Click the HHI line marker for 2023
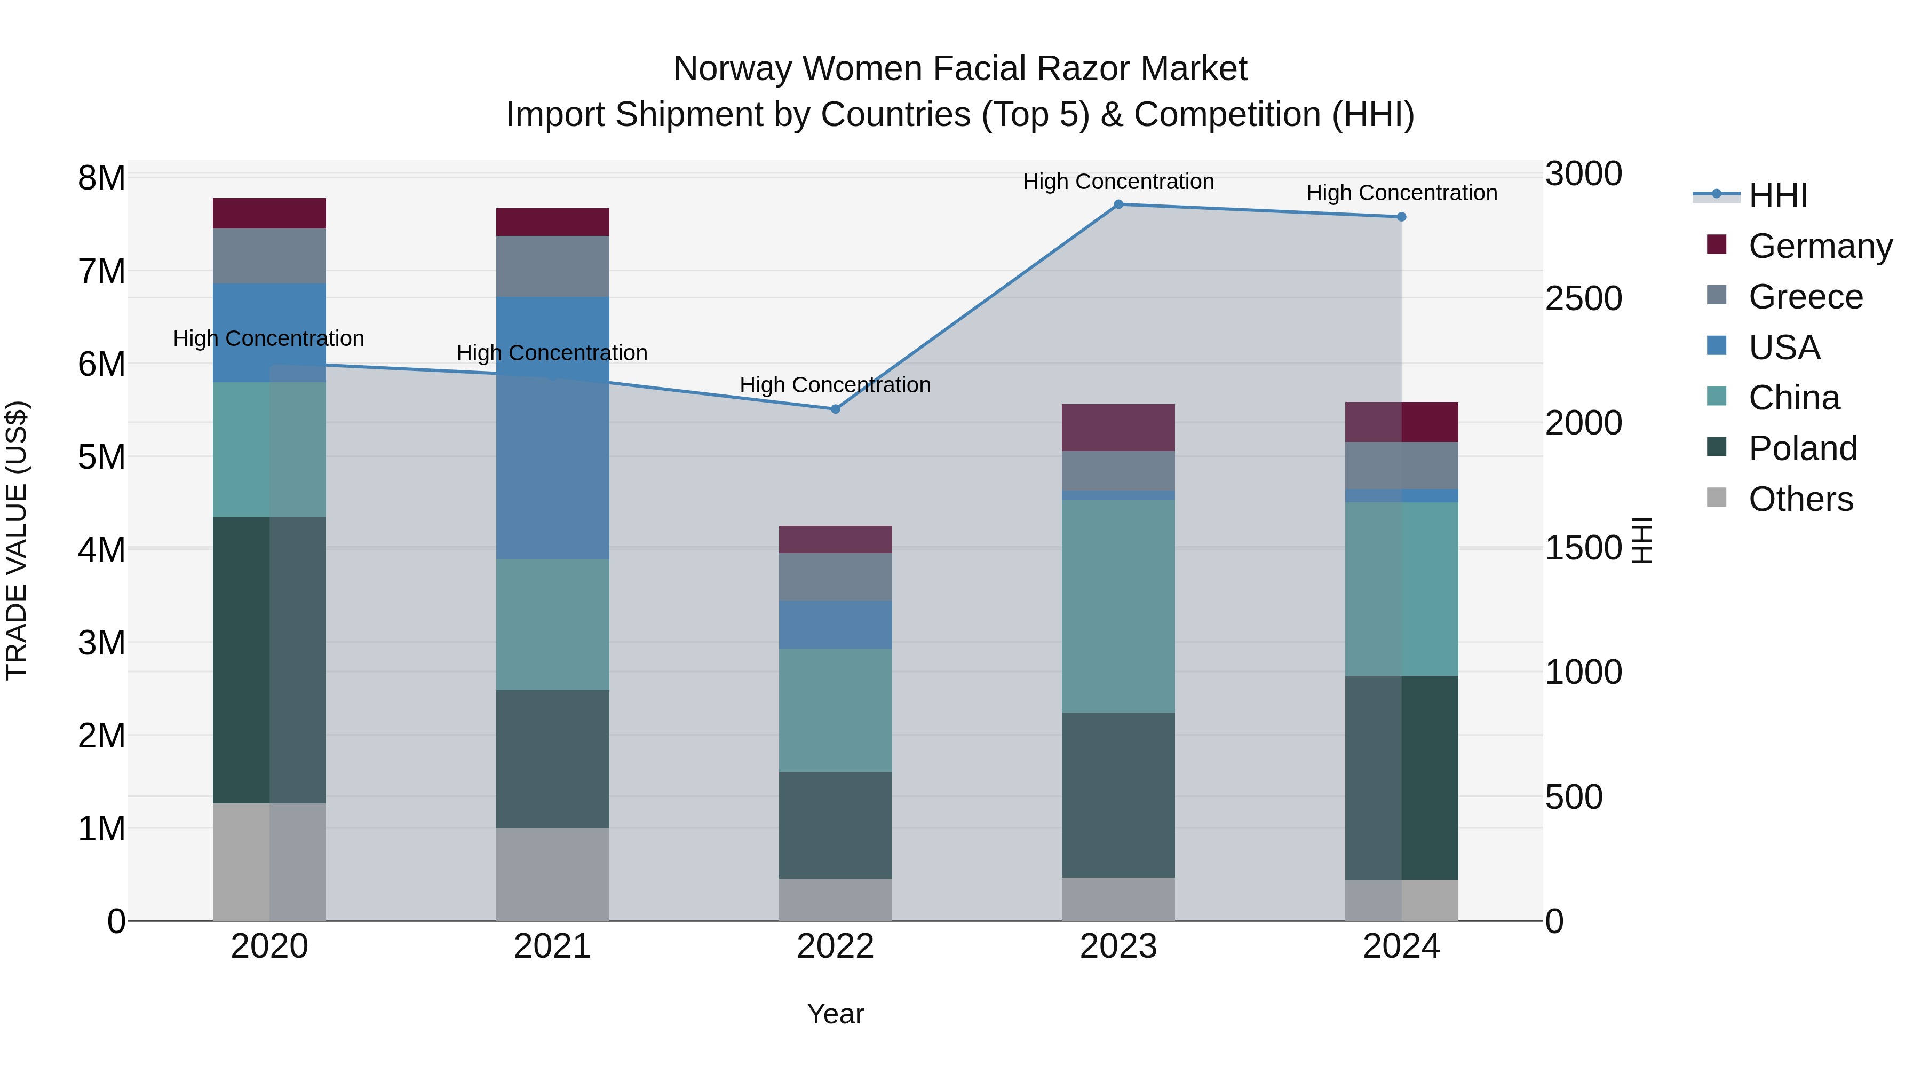(x=1118, y=204)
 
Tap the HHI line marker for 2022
(x=835, y=409)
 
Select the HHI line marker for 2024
(x=1401, y=217)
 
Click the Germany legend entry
(x=1819, y=246)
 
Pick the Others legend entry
(x=1800, y=499)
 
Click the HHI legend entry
(x=1777, y=195)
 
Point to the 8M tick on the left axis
(x=101, y=178)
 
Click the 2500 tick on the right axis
(x=1583, y=298)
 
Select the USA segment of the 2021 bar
(x=553, y=428)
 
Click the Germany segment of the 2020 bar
(x=269, y=214)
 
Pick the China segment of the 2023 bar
(x=1118, y=606)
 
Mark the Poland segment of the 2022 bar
(x=835, y=825)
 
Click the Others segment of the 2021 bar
(x=553, y=874)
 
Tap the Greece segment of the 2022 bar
(x=835, y=577)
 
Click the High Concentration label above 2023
(x=1118, y=182)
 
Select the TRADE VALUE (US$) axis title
(x=17, y=540)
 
